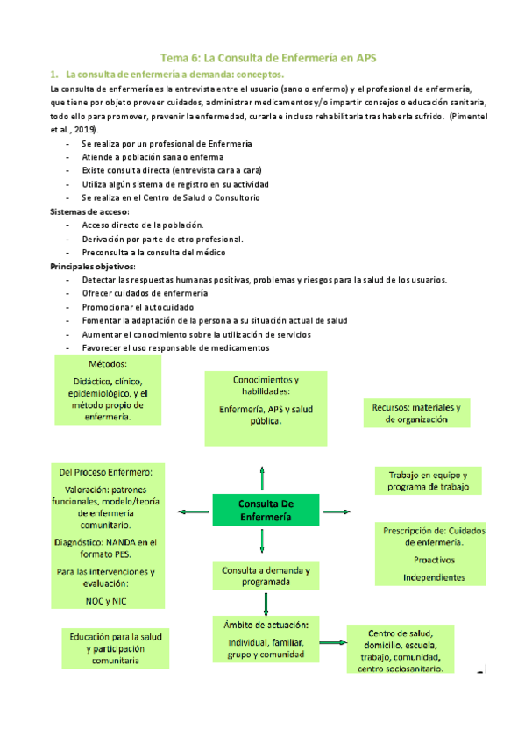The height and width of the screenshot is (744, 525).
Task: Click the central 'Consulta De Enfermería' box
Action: (262, 510)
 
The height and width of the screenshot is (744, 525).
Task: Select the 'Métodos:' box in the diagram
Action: (107, 390)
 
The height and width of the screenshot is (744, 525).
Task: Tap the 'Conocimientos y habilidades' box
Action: (266, 400)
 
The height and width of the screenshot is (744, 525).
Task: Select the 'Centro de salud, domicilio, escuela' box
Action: (399, 650)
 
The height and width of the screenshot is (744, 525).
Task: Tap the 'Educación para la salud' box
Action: (117, 648)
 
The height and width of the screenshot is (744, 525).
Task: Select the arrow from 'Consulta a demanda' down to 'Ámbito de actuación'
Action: (265, 604)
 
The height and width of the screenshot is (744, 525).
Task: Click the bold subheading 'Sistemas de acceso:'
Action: (90, 212)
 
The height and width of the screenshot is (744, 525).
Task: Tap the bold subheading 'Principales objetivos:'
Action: (93, 266)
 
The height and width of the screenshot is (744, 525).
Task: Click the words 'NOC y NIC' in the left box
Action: (106, 601)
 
